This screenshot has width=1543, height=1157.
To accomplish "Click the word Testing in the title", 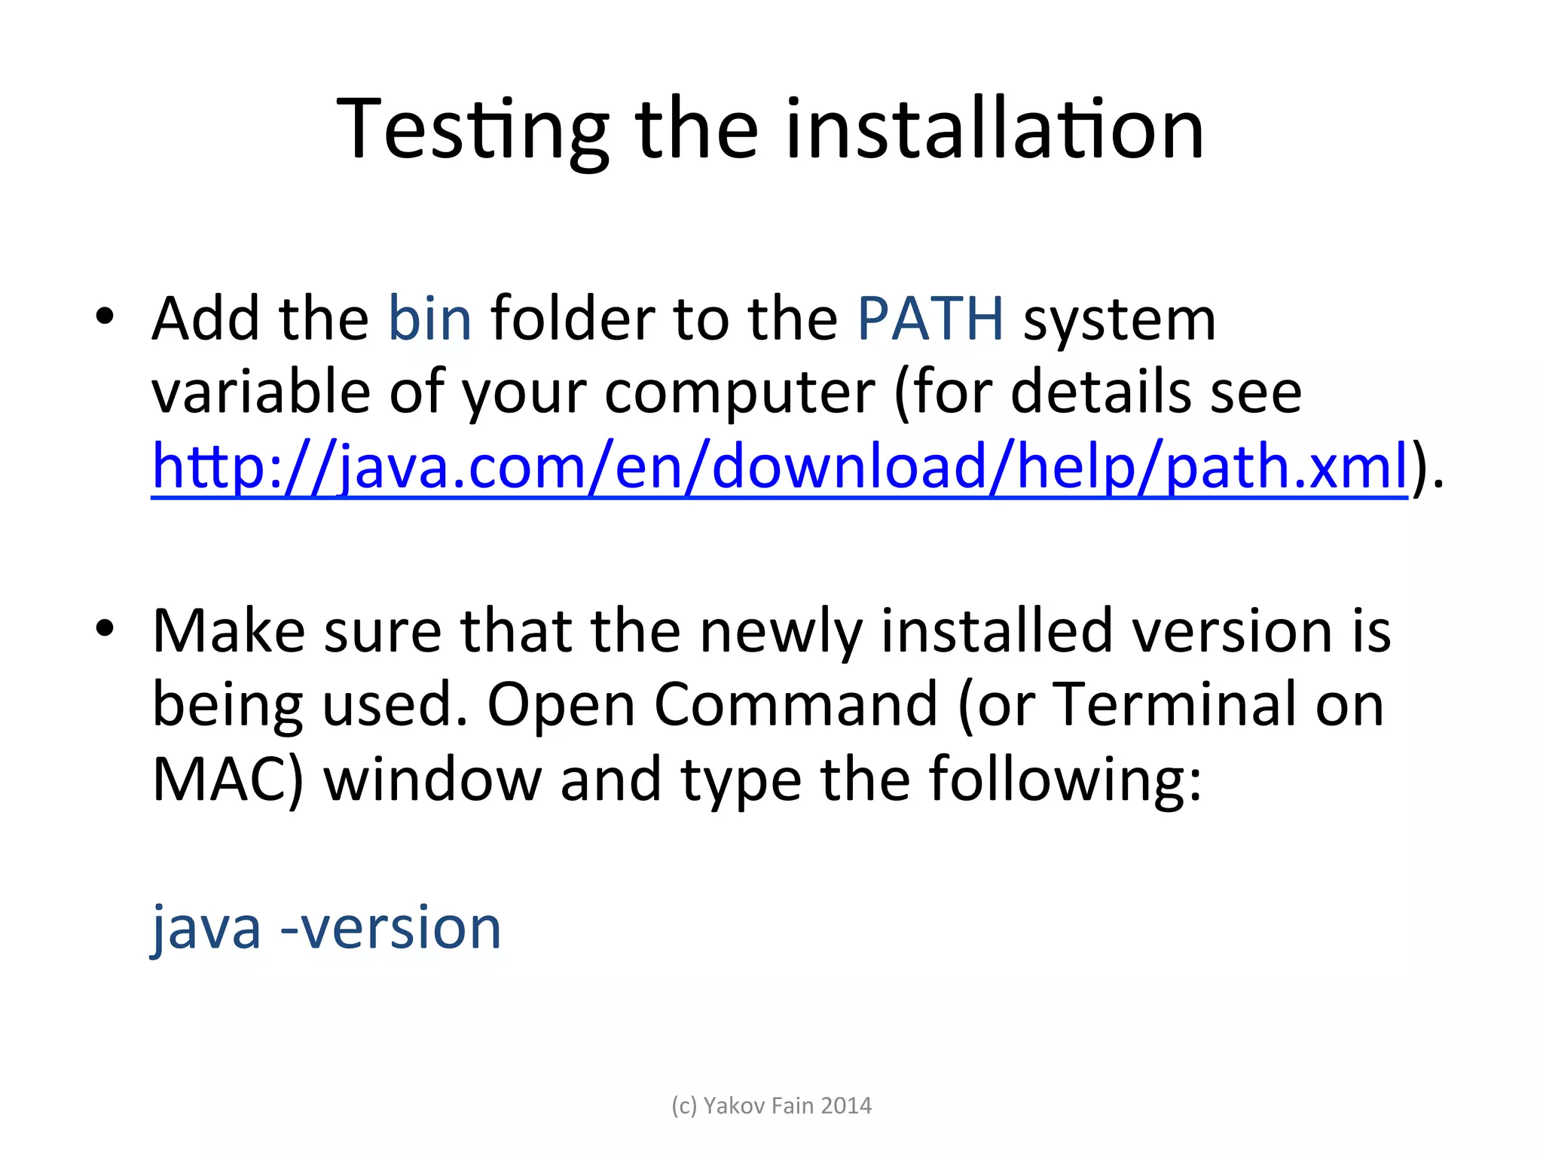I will pos(472,130).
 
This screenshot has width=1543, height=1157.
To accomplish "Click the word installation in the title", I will pos(995,130).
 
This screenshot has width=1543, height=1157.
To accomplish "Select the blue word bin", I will pos(429,319).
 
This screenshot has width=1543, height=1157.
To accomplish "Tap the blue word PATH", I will pos(930,319).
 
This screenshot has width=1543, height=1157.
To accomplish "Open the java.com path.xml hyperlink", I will pos(780,466).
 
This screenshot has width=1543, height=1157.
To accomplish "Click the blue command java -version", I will pos(326,927).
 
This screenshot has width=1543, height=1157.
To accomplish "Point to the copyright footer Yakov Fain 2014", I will pos(771,1105).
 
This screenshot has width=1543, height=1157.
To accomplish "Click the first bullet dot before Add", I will pos(105,316).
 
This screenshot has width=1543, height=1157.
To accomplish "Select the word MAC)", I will pos(228,780).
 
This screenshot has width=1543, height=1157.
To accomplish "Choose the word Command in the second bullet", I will pos(796,704).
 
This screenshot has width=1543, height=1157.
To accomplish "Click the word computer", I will pos(740,392).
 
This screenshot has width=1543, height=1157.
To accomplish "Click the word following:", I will pos(1065,780).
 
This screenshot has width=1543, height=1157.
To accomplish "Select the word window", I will pos(432,780).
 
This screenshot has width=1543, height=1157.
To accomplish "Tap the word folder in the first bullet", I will pos(573,319).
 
